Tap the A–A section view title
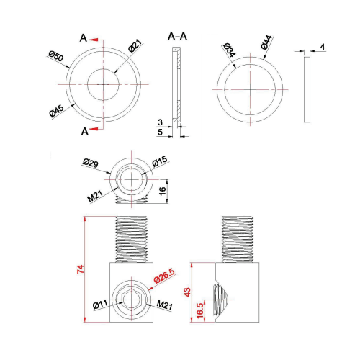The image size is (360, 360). pos(177,36)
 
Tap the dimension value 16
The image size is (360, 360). pos(163,190)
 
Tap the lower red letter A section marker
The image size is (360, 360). pos(85,130)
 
